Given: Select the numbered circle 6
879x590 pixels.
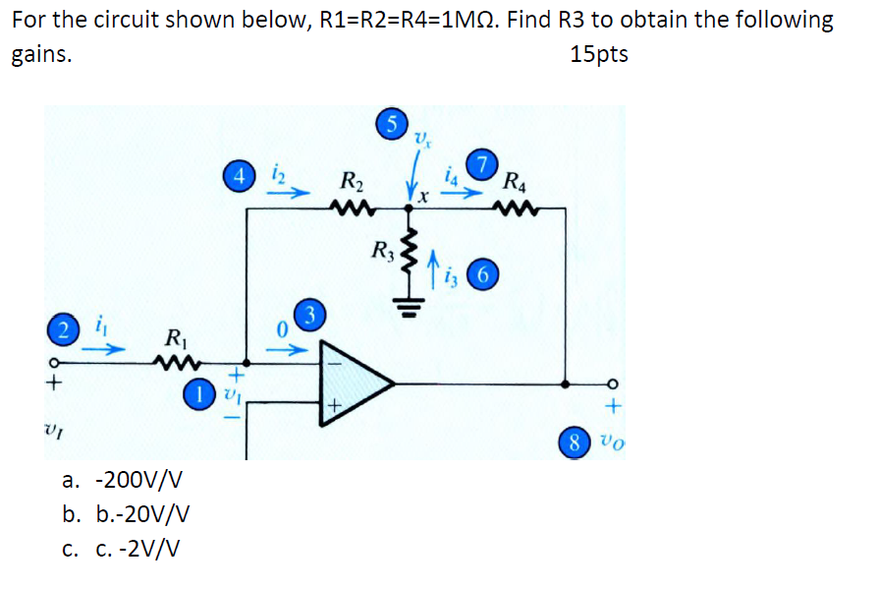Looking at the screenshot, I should pyautogui.click(x=480, y=272).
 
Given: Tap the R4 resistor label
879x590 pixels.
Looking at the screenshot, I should pyautogui.click(x=514, y=181).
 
